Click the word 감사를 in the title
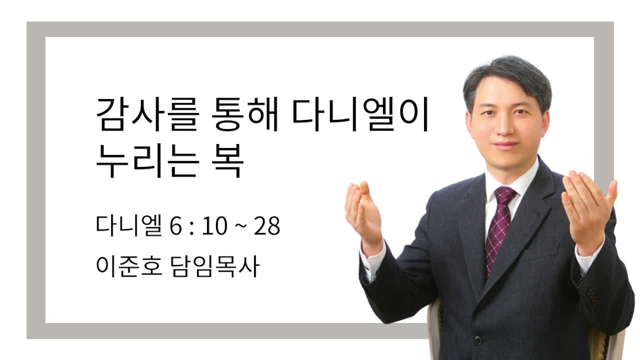[148, 114]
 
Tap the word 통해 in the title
[245, 114]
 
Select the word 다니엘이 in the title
[360, 114]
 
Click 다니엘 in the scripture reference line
[129, 225]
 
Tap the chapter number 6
[175, 226]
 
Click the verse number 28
[267, 226]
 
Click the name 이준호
[129, 266]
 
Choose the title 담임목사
[215, 266]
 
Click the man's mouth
[505, 145]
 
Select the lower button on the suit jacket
[477, 340]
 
